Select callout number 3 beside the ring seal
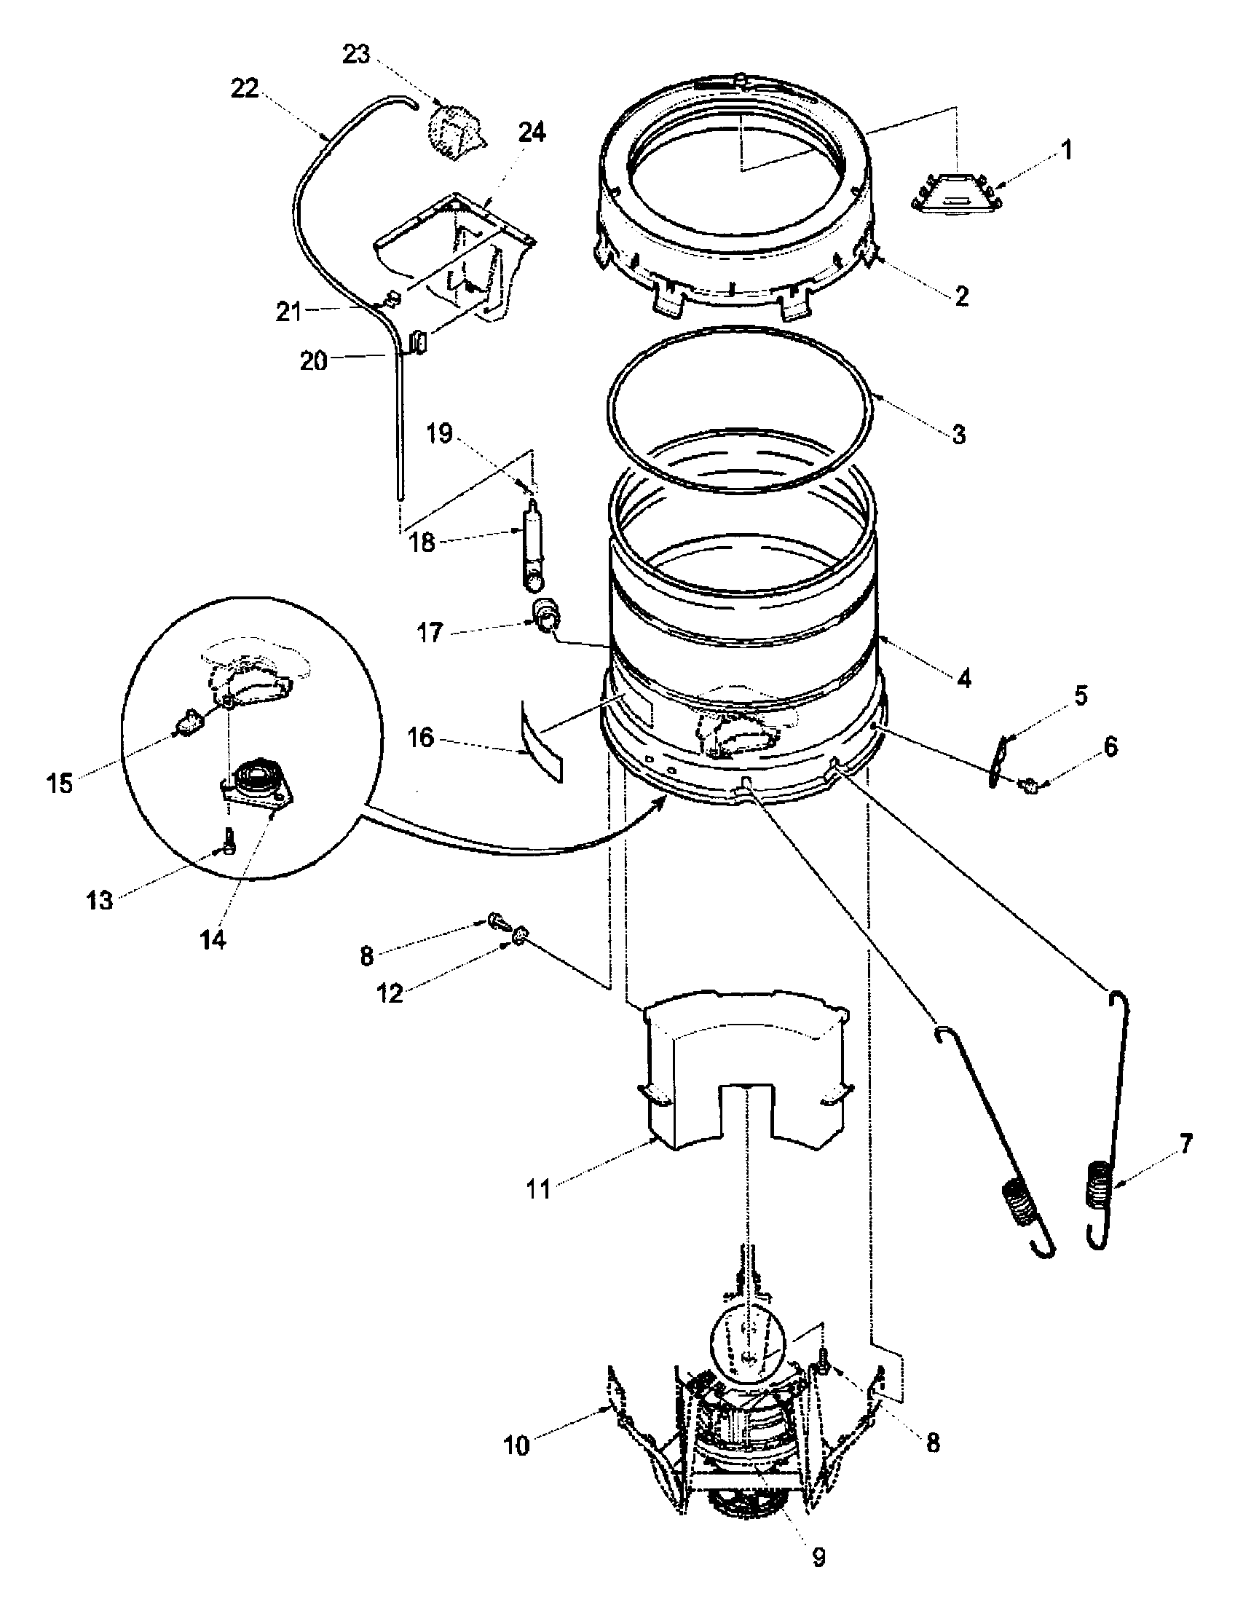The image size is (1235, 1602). coord(958,434)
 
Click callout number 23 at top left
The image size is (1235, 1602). coord(357,55)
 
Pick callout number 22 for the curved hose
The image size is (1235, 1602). coord(245,88)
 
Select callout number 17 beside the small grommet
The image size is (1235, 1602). coord(430,632)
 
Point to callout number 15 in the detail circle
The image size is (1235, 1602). coord(60,784)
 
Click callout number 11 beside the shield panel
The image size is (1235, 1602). coord(539,1189)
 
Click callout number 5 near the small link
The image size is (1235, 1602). coord(1082,694)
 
